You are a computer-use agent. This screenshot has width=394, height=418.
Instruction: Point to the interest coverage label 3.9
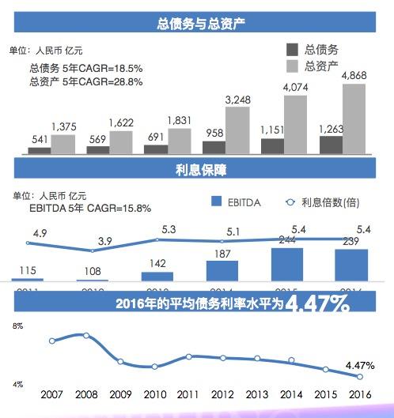click(x=94, y=240)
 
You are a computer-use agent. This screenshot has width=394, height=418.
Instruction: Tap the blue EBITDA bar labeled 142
click(x=157, y=276)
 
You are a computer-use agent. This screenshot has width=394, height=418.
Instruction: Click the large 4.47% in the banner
click(x=319, y=304)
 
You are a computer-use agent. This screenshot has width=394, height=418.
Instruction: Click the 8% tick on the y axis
click(x=17, y=326)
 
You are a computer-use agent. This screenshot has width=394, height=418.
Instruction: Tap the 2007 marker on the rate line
click(x=52, y=341)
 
